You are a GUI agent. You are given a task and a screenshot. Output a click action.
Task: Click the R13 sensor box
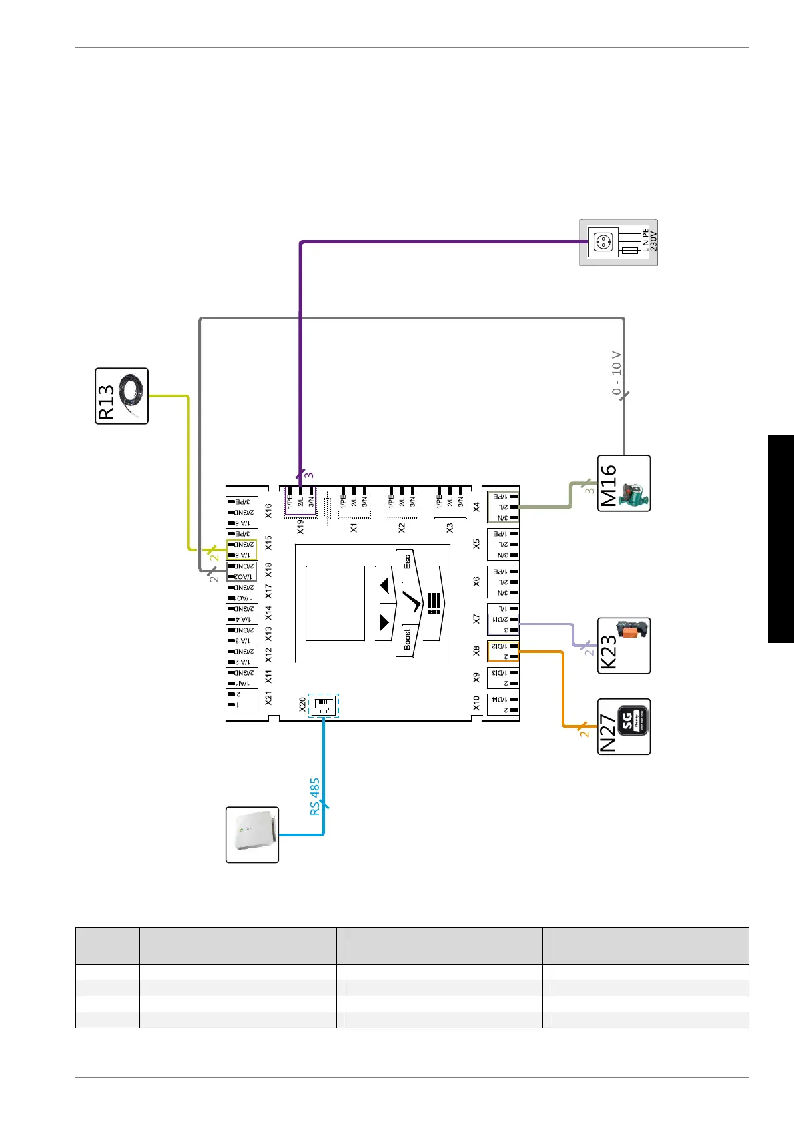(121, 396)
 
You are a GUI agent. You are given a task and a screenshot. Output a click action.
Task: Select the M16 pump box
(623, 483)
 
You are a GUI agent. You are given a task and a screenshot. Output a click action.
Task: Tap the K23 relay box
(623, 646)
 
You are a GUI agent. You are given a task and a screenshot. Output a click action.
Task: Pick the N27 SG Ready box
(623, 726)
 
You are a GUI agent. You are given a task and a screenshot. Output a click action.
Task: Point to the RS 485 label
(315, 796)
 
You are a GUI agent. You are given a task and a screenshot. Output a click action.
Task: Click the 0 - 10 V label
(617, 373)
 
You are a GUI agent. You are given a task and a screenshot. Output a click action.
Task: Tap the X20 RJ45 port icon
(324, 706)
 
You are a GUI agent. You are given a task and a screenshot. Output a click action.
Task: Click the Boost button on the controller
(407, 639)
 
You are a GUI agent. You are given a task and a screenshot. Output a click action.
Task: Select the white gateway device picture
(252, 834)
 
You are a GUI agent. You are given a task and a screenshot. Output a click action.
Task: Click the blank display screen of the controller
(335, 603)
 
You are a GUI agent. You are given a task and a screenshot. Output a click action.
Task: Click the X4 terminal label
(476, 507)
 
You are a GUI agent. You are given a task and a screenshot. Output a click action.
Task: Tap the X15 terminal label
(268, 543)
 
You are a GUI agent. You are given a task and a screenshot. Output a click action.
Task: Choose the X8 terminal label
(476, 650)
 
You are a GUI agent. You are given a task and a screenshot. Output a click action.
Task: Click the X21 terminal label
(268, 698)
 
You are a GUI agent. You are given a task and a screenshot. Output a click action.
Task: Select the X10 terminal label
(476, 703)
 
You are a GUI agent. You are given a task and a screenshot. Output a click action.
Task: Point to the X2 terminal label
(402, 527)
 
